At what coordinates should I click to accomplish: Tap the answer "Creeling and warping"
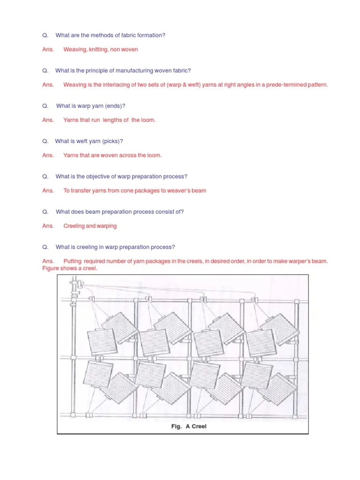[x=90, y=226]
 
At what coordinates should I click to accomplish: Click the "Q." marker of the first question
[x=45, y=35]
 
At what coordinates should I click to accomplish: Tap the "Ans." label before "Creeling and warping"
[x=48, y=226]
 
